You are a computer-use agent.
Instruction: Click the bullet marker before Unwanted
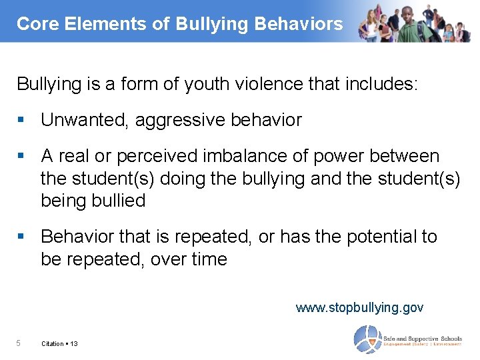[x=22, y=120]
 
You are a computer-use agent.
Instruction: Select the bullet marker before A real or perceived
[x=22, y=156]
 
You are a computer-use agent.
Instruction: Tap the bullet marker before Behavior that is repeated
[x=22, y=237]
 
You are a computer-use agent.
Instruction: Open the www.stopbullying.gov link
[x=359, y=307]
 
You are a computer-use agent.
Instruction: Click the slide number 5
[x=19, y=343]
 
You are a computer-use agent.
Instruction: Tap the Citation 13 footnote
[x=59, y=343]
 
